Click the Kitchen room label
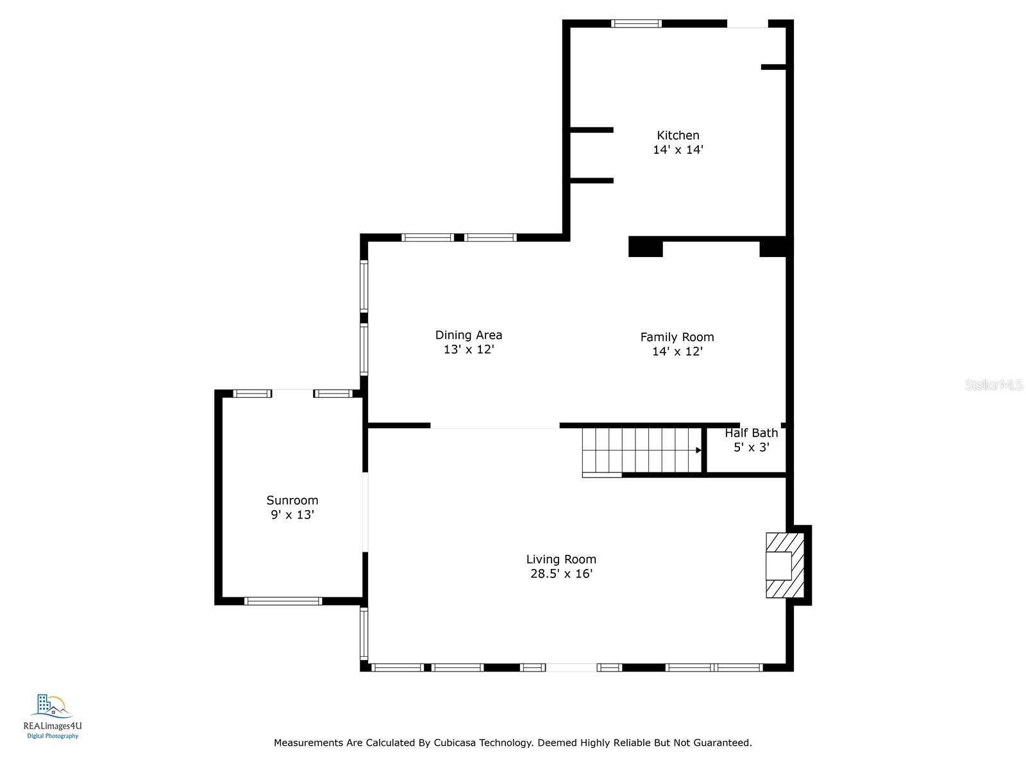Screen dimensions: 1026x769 678,135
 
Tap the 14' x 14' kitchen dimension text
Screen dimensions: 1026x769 678,150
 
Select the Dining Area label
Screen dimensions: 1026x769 468,335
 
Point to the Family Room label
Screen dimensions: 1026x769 677,337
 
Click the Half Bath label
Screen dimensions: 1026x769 751,433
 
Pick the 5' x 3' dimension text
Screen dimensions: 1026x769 751,447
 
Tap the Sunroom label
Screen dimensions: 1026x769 292,500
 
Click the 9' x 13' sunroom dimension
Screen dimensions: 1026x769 292,515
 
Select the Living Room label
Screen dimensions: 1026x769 561,559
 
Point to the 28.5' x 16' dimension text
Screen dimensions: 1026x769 561,574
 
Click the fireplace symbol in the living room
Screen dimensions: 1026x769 785,565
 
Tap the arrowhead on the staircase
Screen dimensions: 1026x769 698,450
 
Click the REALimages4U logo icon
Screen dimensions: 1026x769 51,706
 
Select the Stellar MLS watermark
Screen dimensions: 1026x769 994,384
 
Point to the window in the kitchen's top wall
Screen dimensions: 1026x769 636,24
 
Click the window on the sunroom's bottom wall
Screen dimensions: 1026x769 283,601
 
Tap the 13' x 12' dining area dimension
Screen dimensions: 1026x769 468,349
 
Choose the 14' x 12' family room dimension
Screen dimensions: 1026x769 677,352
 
